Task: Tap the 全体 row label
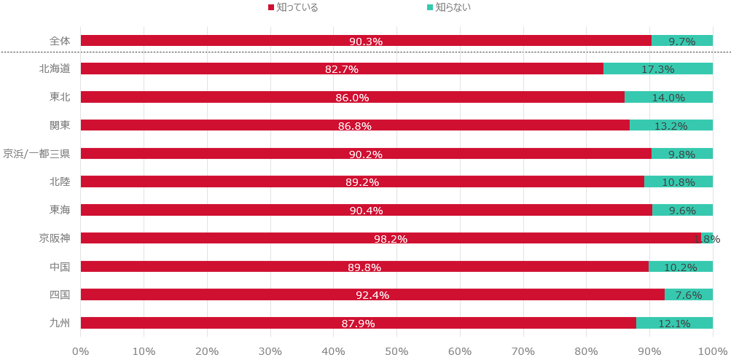[60, 41]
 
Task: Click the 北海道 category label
[55, 69]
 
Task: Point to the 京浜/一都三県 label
[36, 154]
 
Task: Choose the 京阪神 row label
[55, 238]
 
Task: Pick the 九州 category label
[60, 323]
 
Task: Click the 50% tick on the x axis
[396, 351]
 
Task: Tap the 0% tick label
[81, 351]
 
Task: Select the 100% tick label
[712, 351]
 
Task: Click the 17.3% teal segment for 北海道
[657, 69]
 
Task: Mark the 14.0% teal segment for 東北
[668, 97]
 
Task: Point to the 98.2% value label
[390, 239]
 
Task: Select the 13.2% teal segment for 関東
[671, 125]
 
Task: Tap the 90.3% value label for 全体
[366, 42]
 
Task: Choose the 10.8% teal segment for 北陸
[678, 181]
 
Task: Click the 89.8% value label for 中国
[364, 267]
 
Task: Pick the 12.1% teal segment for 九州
[674, 323]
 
